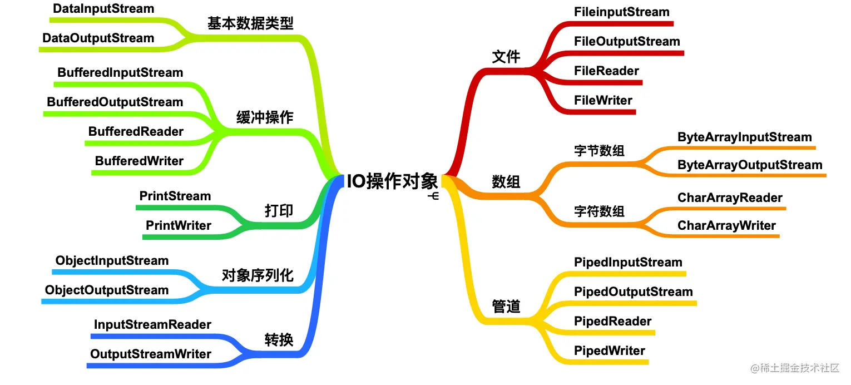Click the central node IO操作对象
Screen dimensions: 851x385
(393, 181)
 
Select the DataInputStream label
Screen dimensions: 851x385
(103, 9)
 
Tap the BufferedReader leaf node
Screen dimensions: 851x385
(136, 131)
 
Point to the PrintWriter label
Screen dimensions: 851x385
(179, 225)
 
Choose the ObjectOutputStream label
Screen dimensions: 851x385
(107, 290)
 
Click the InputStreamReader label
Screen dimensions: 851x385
(152, 324)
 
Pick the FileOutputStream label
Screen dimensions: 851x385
(627, 41)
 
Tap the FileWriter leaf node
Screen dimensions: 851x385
(603, 100)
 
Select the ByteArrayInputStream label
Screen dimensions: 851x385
(745, 137)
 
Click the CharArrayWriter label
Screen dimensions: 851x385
(726, 226)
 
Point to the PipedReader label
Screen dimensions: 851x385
(612, 322)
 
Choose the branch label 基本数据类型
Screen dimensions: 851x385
(250, 23)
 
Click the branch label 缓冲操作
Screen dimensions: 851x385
(265, 117)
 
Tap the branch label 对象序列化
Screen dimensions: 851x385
(258, 275)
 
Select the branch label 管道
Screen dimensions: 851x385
(506, 307)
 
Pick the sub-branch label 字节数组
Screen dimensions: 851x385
(599, 151)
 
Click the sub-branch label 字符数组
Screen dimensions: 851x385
(599, 211)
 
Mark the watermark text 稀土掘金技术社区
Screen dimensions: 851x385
(800, 368)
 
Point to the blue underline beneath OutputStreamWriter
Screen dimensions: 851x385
(160, 366)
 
